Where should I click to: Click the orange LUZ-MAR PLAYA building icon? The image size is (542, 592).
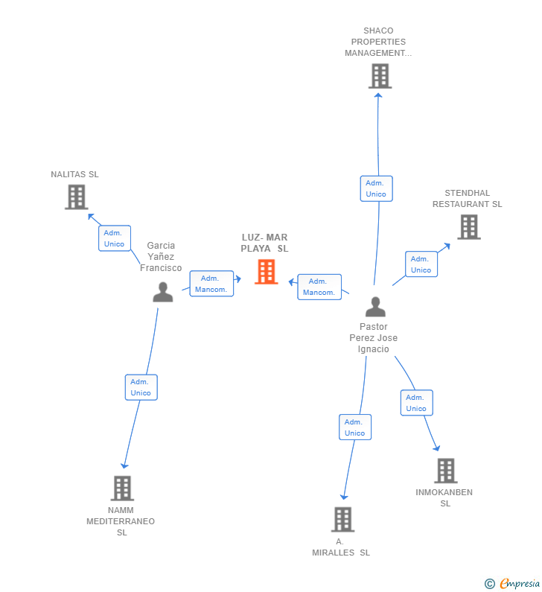point(266,272)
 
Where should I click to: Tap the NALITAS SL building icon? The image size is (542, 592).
point(77,197)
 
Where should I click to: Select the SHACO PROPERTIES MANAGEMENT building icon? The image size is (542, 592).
point(380,76)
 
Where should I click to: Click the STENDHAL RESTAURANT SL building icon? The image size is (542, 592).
point(469,227)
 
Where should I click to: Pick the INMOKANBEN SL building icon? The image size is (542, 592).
point(446,471)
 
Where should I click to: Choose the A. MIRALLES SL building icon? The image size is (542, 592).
point(343,519)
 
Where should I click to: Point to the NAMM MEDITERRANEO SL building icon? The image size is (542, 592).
point(122,488)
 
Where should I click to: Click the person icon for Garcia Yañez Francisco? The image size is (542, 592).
point(163,292)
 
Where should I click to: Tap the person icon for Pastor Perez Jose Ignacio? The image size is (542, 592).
point(375,307)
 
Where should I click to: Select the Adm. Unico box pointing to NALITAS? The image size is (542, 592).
point(115,238)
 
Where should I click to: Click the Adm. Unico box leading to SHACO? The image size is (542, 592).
point(376,188)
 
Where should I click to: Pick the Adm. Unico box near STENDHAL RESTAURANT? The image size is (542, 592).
point(421,264)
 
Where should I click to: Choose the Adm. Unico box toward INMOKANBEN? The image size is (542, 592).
point(417,403)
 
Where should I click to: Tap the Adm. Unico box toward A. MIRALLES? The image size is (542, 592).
point(355,427)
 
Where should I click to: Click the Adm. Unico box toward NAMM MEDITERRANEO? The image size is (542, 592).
point(141,387)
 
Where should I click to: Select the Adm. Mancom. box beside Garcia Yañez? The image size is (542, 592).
point(211,284)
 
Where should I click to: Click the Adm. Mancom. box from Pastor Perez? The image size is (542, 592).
point(319,287)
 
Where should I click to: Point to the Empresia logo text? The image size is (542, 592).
point(520,583)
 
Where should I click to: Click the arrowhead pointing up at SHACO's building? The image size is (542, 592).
point(378,95)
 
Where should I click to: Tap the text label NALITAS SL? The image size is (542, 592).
point(74,174)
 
